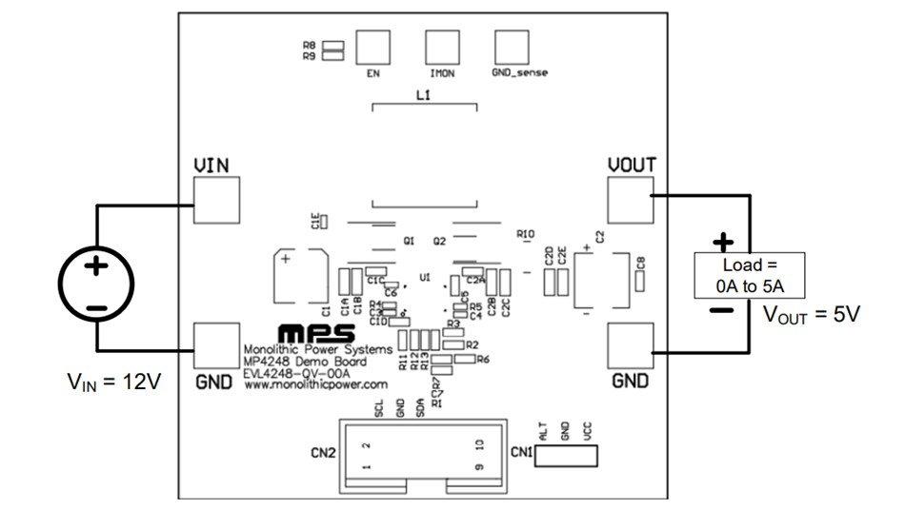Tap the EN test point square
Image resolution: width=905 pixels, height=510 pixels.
(x=372, y=46)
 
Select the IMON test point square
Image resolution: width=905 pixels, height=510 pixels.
(x=442, y=46)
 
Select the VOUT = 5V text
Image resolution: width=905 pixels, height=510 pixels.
(x=812, y=315)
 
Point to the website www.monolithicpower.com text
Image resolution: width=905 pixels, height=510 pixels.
(x=315, y=385)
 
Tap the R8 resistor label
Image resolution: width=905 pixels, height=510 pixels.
(x=310, y=45)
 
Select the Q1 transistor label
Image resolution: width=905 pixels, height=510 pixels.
(x=409, y=242)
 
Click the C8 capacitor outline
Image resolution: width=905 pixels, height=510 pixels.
(x=641, y=281)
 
